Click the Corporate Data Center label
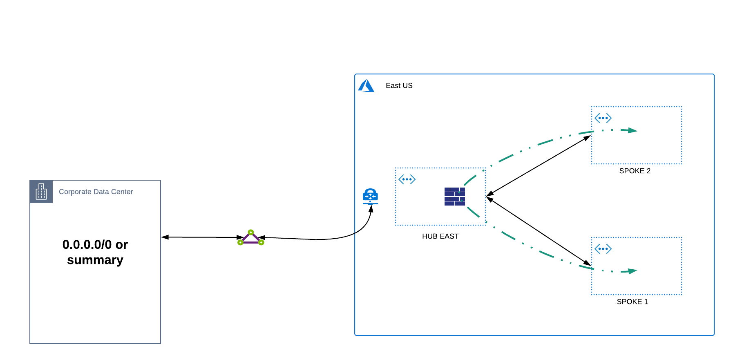click(96, 192)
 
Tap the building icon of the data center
click(41, 191)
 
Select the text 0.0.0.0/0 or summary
click(95, 252)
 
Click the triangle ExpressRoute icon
click(251, 238)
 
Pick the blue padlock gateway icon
click(370, 197)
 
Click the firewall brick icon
click(454, 197)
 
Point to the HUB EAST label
click(440, 236)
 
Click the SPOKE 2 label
click(635, 171)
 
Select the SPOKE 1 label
click(632, 302)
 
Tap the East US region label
click(399, 86)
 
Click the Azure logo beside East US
click(366, 86)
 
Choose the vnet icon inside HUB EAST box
click(407, 179)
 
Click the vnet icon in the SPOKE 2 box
click(603, 118)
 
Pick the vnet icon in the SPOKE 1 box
click(603, 249)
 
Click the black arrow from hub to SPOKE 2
click(539, 165)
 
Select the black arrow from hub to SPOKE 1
click(539, 232)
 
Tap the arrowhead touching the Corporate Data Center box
click(165, 237)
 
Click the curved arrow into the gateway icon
click(351, 233)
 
